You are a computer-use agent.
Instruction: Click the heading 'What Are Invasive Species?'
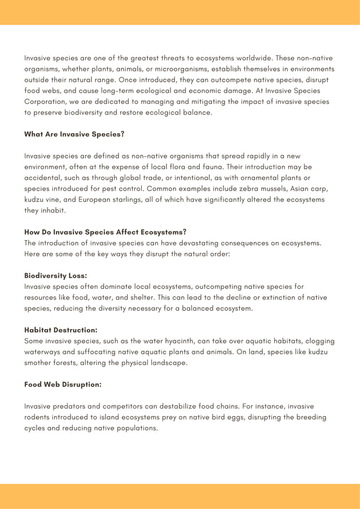(x=74, y=134)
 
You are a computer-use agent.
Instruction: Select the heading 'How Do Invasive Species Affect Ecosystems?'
(x=105, y=232)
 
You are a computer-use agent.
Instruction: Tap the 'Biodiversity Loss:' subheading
(x=55, y=276)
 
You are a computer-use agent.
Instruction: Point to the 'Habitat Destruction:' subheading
(x=60, y=330)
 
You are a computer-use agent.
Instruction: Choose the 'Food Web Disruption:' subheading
(x=63, y=384)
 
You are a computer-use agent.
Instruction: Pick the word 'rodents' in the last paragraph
(x=39, y=417)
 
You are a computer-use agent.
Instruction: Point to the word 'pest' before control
(x=115, y=188)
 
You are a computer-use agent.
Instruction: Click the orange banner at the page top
(x=180, y=12)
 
